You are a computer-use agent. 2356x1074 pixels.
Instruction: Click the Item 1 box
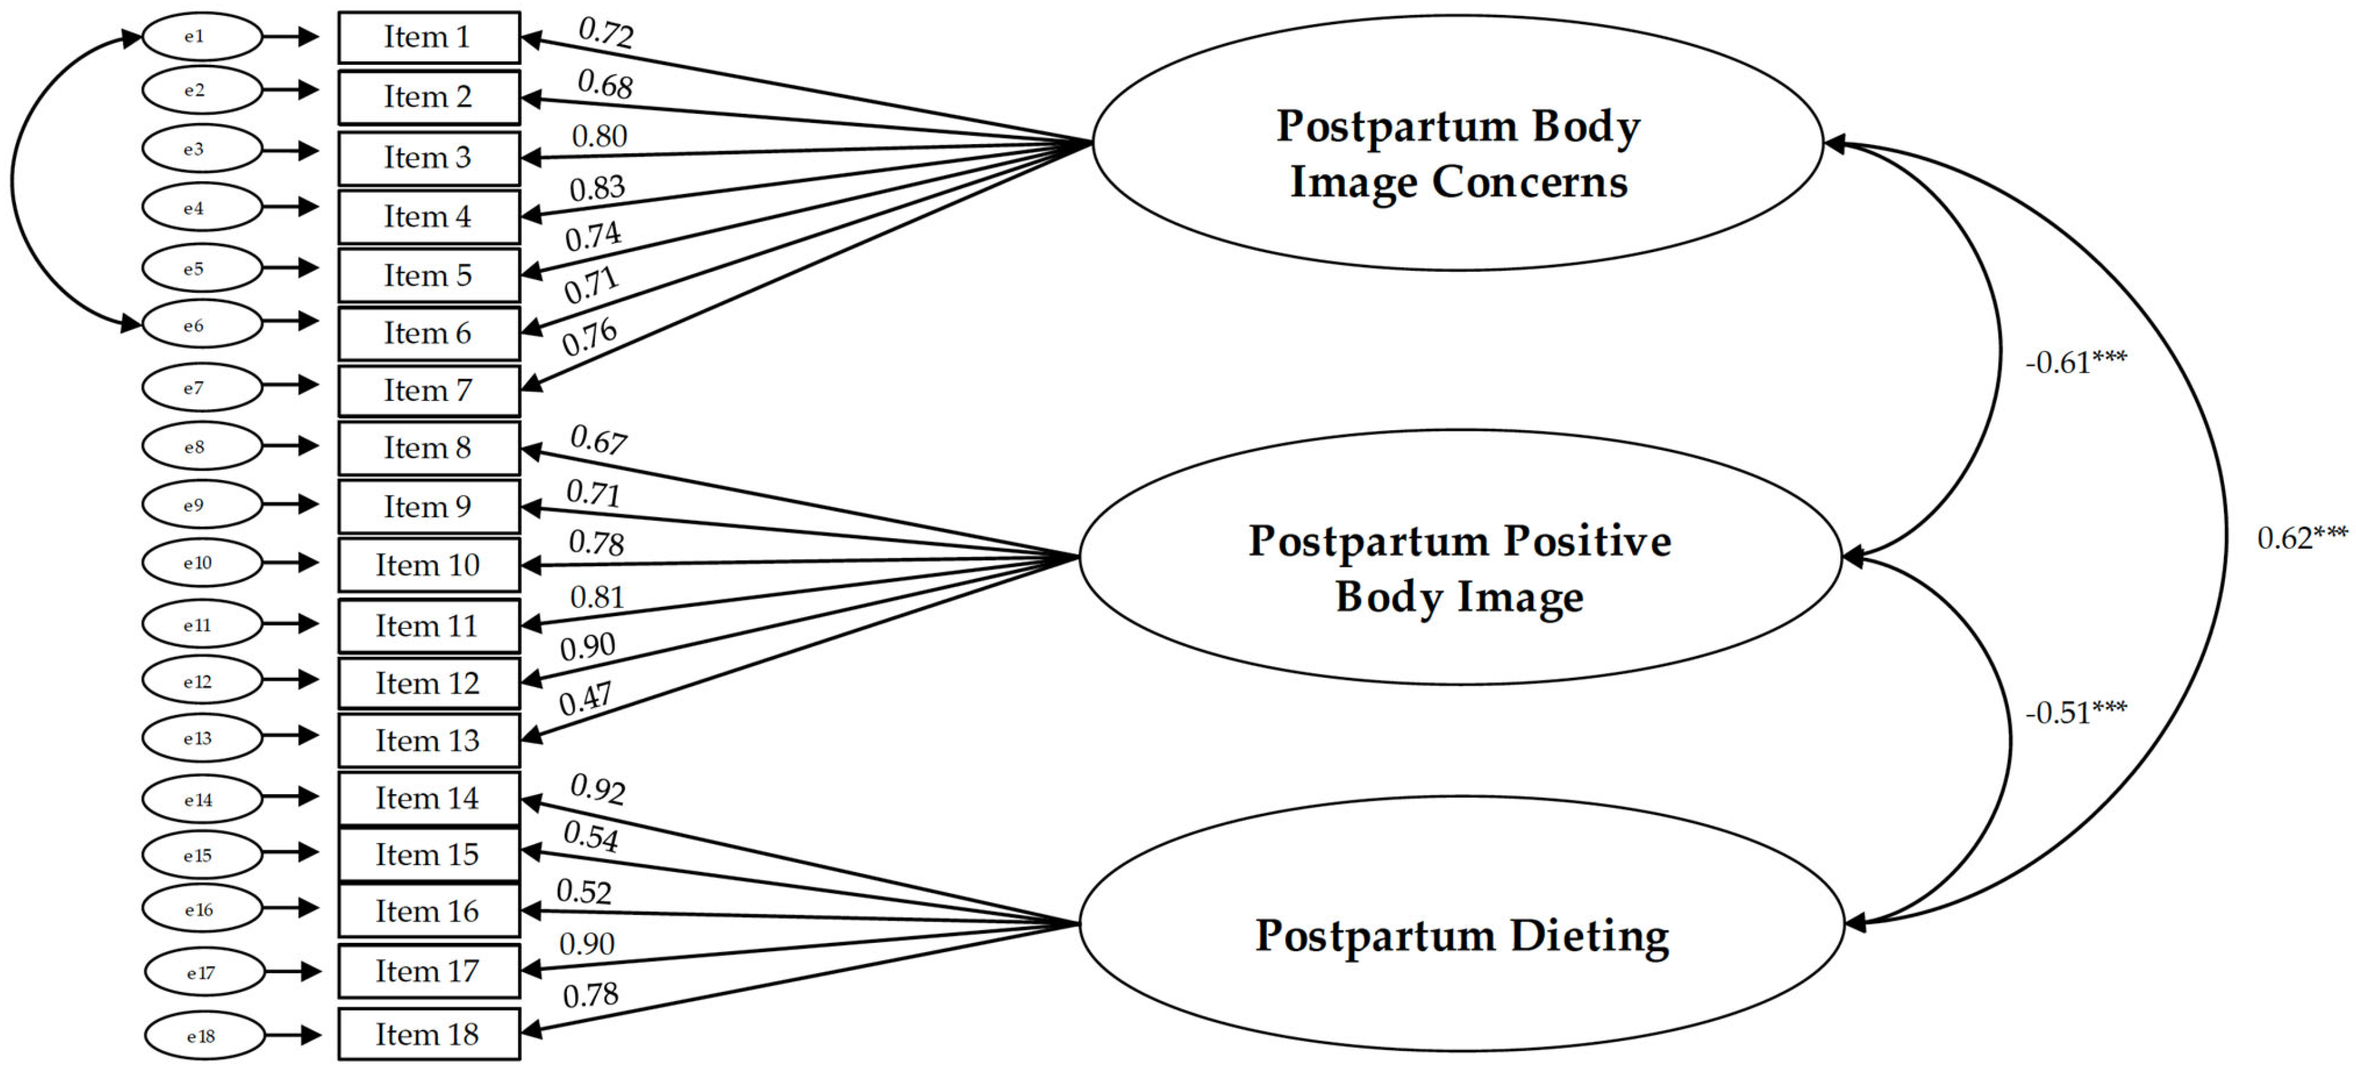428,38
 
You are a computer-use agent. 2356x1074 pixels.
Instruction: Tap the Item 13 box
428,740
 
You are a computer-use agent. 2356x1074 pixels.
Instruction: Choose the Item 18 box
428,1034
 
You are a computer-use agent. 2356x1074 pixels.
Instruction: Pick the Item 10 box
428,565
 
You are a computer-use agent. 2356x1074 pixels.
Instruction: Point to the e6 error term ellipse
202,325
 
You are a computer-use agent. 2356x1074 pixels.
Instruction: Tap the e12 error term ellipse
202,682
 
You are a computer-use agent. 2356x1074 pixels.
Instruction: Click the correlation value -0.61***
2075,363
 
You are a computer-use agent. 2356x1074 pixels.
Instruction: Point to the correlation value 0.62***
2301,538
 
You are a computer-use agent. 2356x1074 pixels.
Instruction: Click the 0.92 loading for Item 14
597,789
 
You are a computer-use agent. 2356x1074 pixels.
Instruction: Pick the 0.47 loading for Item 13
586,700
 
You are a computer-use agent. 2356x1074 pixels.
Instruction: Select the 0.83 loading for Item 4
597,188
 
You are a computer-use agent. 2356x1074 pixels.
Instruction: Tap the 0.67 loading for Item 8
598,440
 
